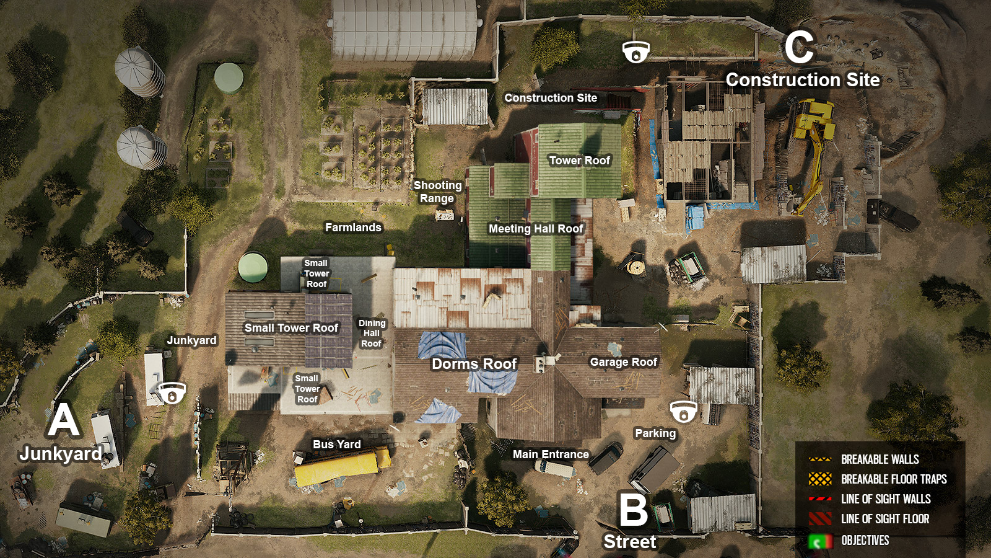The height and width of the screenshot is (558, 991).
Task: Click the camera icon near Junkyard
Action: pyautogui.click(x=172, y=393)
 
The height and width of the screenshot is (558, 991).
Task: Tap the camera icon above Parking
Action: pyautogui.click(x=683, y=412)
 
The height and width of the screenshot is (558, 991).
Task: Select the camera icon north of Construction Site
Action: pyautogui.click(x=635, y=52)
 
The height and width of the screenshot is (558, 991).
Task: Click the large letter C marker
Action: pyautogui.click(x=799, y=48)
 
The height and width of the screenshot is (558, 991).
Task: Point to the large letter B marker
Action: pyautogui.click(x=634, y=510)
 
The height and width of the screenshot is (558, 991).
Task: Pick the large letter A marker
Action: pyautogui.click(x=64, y=420)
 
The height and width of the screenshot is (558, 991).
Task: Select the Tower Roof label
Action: pyautogui.click(x=579, y=161)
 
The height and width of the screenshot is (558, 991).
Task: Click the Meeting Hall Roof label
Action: pyautogui.click(x=536, y=229)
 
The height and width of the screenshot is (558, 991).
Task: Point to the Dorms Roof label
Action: pyautogui.click(x=474, y=364)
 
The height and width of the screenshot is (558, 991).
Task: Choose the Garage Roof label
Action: pyautogui.click(x=623, y=362)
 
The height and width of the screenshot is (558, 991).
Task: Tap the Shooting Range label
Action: pyautogui.click(x=437, y=192)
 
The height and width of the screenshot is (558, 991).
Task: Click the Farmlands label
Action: pyautogui.click(x=353, y=228)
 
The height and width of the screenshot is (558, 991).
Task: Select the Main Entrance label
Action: pyautogui.click(x=551, y=454)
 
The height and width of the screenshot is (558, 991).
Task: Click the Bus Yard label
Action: pyautogui.click(x=336, y=445)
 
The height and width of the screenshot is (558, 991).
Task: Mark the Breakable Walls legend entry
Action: pyautogui.click(x=880, y=459)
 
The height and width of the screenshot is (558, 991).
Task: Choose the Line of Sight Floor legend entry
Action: pyautogui.click(x=884, y=519)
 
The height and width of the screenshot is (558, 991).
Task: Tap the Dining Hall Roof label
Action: pyautogui.click(x=372, y=333)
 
